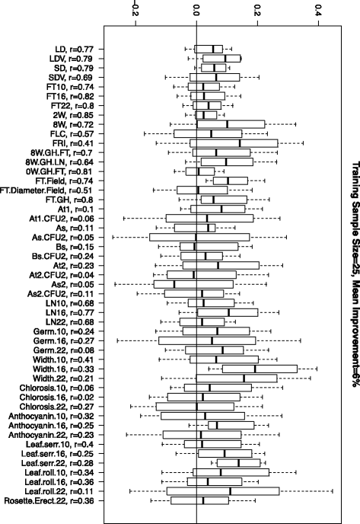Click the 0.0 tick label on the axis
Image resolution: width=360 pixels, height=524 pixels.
pos(196,14)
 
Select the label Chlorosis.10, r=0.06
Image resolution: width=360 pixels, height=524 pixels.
pos(62,388)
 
